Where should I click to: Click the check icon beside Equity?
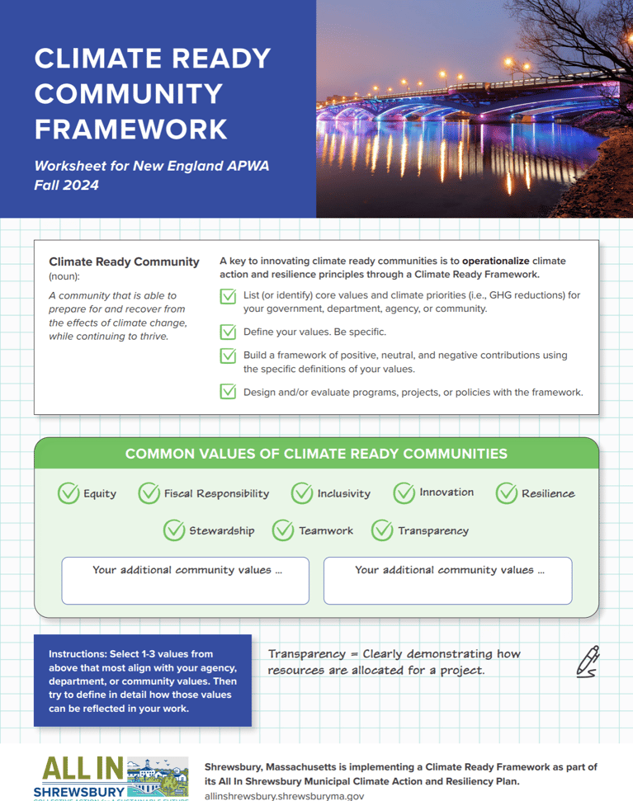pyautogui.click(x=68, y=493)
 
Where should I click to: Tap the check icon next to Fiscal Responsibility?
pyautogui.click(x=149, y=493)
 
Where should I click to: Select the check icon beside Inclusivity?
pyautogui.click(x=302, y=493)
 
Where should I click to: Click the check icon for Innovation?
pyautogui.click(x=404, y=493)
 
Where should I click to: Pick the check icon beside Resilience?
pyautogui.click(x=507, y=493)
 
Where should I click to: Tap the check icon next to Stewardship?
pyautogui.click(x=174, y=530)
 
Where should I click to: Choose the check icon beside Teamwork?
pyautogui.click(x=283, y=530)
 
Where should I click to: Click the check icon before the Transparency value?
pyautogui.click(x=382, y=530)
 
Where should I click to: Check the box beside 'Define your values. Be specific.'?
pyautogui.click(x=228, y=332)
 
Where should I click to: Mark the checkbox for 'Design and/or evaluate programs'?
pyautogui.click(x=228, y=392)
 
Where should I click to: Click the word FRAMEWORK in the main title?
pyautogui.click(x=131, y=129)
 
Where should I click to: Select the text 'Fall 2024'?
pyautogui.click(x=66, y=186)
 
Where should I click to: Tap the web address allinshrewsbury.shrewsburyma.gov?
pyautogui.click(x=284, y=796)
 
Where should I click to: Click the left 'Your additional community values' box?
pyautogui.click(x=185, y=581)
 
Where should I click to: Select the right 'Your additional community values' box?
pyautogui.click(x=447, y=581)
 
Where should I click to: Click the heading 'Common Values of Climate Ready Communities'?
pyautogui.click(x=316, y=454)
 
